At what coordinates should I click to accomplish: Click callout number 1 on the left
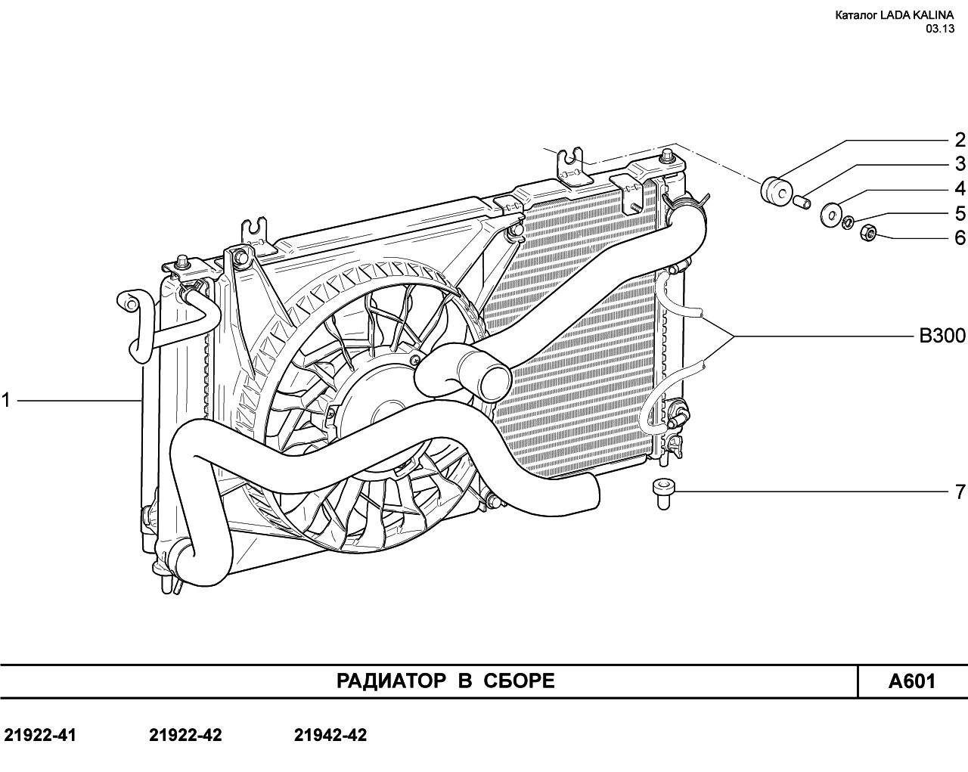pos(6,400)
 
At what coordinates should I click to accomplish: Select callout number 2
pos(960,140)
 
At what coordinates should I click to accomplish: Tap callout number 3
pos(960,164)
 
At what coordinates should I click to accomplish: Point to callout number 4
pos(960,188)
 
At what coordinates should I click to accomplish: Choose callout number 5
pos(960,212)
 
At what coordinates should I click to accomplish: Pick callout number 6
pos(960,237)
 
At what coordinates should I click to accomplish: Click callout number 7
pos(960,491)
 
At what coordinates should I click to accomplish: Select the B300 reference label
pos(942,336)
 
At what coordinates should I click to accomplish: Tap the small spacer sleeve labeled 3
pos(802,202)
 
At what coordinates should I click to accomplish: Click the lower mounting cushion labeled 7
pos(663,494)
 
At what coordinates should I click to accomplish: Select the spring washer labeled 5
pos(849,222)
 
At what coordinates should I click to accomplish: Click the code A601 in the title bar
pos(912,681)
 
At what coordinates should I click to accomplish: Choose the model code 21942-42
pos(330,735)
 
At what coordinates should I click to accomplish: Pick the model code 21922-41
pos(40,735)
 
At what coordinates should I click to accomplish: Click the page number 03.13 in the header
pos(940,28)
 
